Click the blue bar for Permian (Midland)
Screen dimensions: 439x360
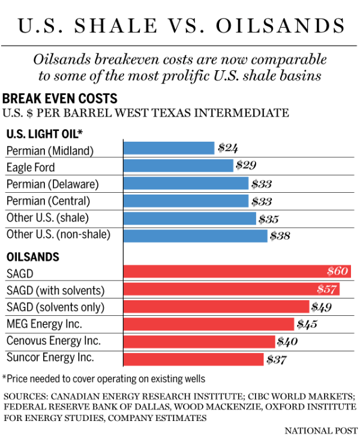169,148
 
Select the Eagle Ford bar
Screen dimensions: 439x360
178,166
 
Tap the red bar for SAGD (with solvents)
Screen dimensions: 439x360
232,290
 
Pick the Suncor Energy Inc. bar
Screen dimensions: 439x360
193,359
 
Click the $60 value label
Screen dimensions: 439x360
338,272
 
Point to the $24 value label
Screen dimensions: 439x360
228,148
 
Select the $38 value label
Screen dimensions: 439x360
280,236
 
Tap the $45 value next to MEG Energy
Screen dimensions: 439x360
307,325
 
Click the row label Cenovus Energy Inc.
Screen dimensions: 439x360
53,341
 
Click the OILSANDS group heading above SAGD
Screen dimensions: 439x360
32,256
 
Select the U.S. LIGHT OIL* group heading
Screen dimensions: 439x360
44,133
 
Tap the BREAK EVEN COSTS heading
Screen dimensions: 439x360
59,98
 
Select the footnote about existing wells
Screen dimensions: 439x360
104,378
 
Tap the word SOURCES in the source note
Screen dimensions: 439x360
26,397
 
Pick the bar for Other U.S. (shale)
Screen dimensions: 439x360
190,219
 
